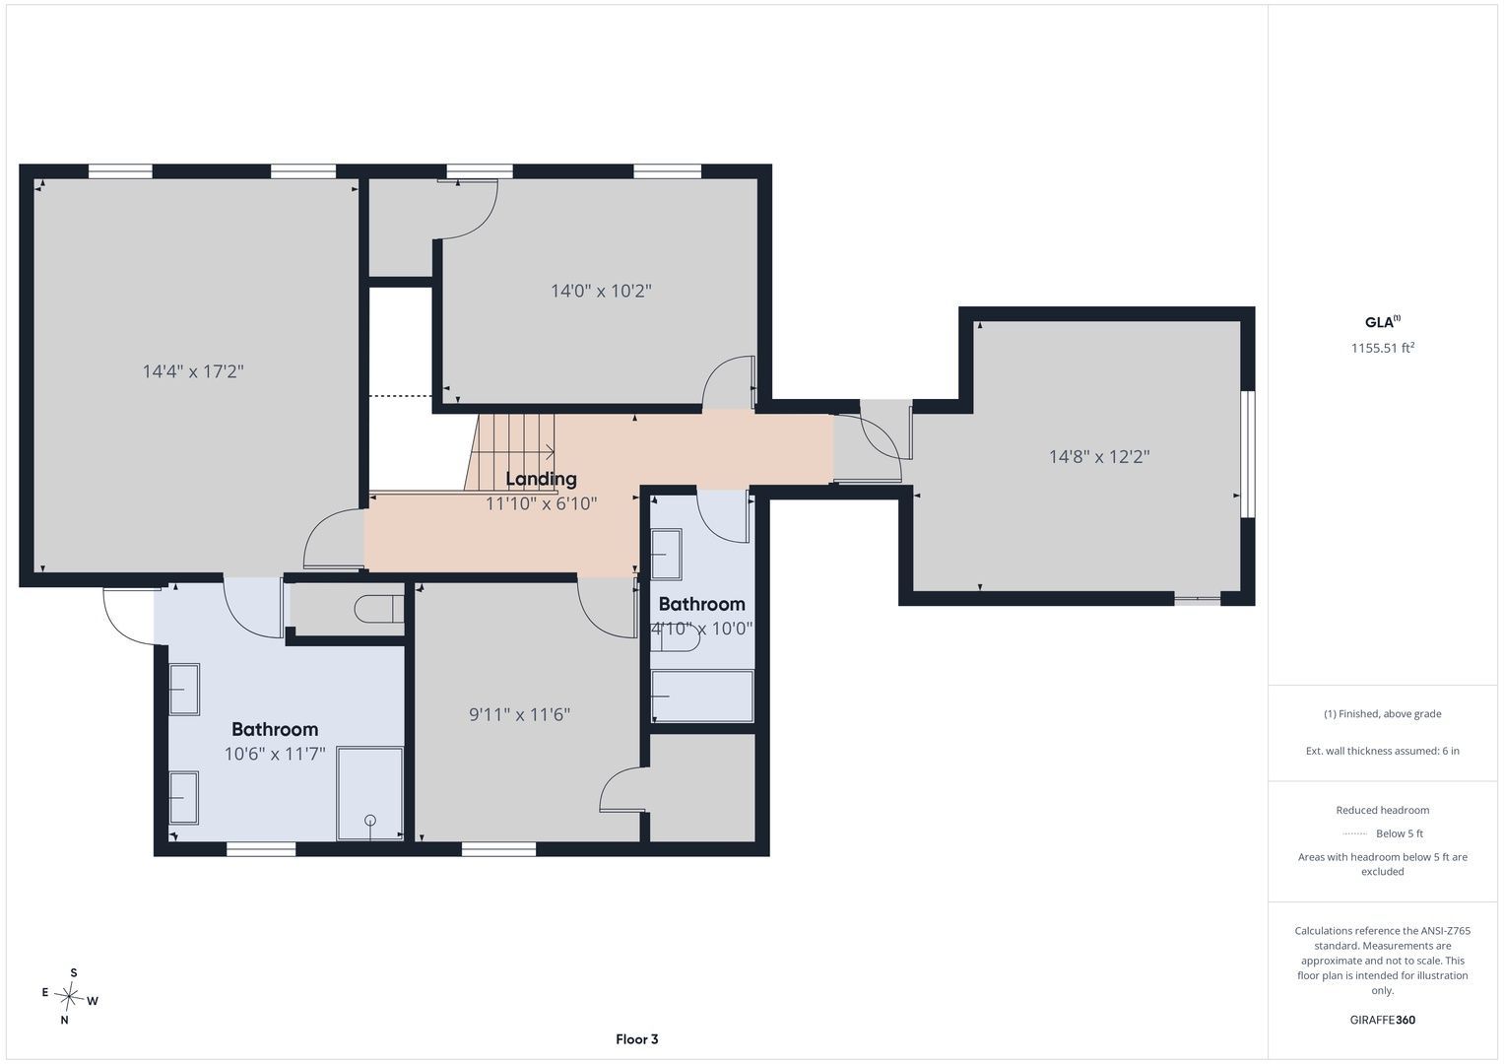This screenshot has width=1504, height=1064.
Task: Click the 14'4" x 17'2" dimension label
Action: [x=193, y=371]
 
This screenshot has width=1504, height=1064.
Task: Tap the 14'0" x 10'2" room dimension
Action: [x=601, y=291]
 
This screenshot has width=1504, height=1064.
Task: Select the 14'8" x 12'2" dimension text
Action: [x=1099, y=457]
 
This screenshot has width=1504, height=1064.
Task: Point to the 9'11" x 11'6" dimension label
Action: [x=519, y=714]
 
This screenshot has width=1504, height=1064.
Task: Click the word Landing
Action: [x=541, y=479]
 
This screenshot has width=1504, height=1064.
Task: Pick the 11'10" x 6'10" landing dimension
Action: [x=541, y=503]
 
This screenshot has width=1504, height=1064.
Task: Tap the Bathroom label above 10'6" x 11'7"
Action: [x=275, y=729]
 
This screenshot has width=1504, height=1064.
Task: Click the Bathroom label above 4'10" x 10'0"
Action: [x=701, y=604]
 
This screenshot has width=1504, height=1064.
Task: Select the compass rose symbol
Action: [x=69, y=996]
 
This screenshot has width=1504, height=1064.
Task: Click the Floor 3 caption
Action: [x=637, y=1039]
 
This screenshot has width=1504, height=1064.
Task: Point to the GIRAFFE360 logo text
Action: [x=1383, y=1020]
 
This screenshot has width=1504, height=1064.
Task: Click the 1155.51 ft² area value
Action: [x=1383, y=348]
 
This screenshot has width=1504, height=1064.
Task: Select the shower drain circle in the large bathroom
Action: [x=370, y=820]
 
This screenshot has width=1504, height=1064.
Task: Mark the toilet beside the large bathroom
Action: [x=379, y=609]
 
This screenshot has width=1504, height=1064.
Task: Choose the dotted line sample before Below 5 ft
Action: [x=1355, y=833]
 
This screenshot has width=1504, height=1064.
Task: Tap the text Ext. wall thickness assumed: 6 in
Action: [x=1383, y=751]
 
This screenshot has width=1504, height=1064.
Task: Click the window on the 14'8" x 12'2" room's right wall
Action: [x=1248, y=454]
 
